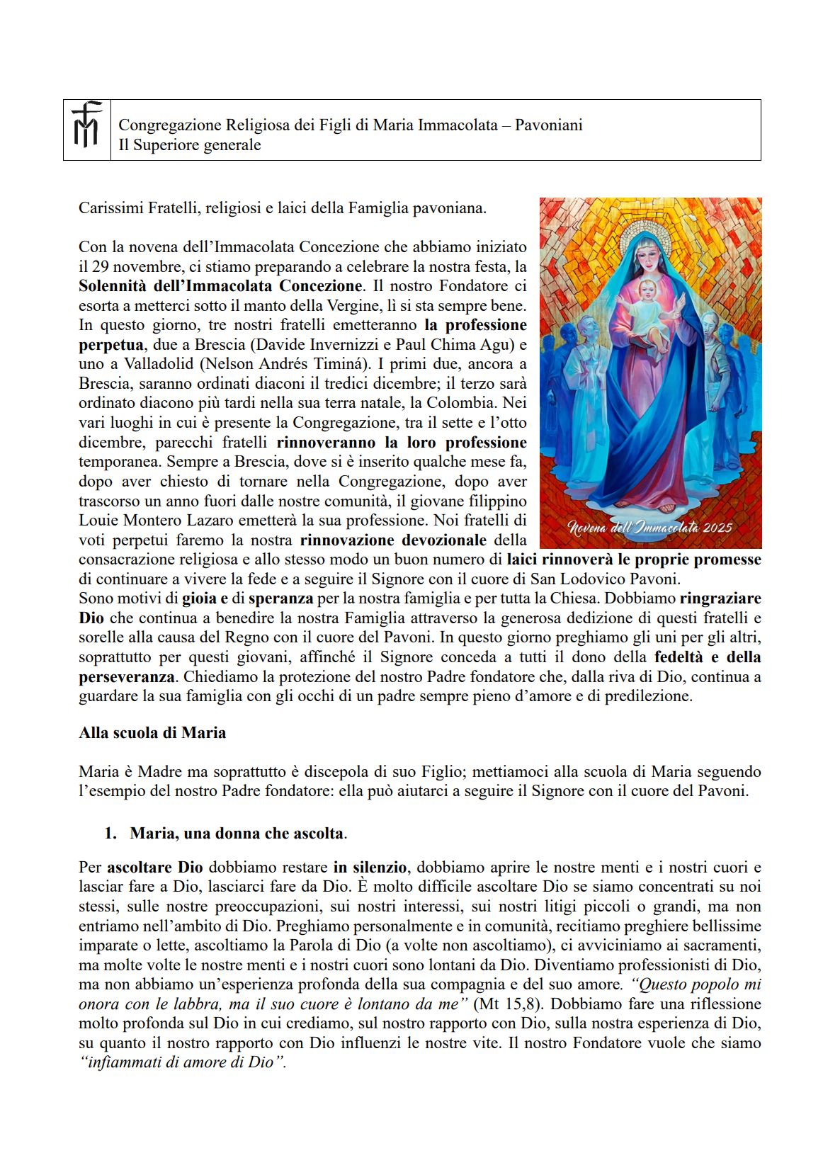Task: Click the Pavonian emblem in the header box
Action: pyautogui.click(x=86, y=125)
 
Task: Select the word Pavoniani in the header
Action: pyautogui.click(x=548, y=125)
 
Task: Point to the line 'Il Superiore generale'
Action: pyautogui.click(x=190, y=145)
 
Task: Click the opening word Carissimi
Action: pyautogui.click(x=110, y=208)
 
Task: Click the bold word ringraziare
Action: pyautogui.click(x=720, y=598)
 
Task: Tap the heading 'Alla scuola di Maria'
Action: pyautogui.click(x=152, y=733)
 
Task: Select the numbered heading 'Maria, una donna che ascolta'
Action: pyautogui.click(x=237, y=834)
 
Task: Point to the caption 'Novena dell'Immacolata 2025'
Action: pyautogui.click(x=649, y=528)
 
